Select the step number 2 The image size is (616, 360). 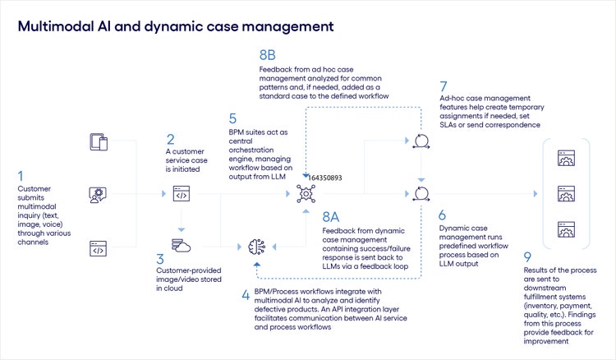170,140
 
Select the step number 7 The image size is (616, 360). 444,85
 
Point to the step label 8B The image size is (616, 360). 268,56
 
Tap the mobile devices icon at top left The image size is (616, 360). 99,142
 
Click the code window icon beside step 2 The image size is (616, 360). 181,195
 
